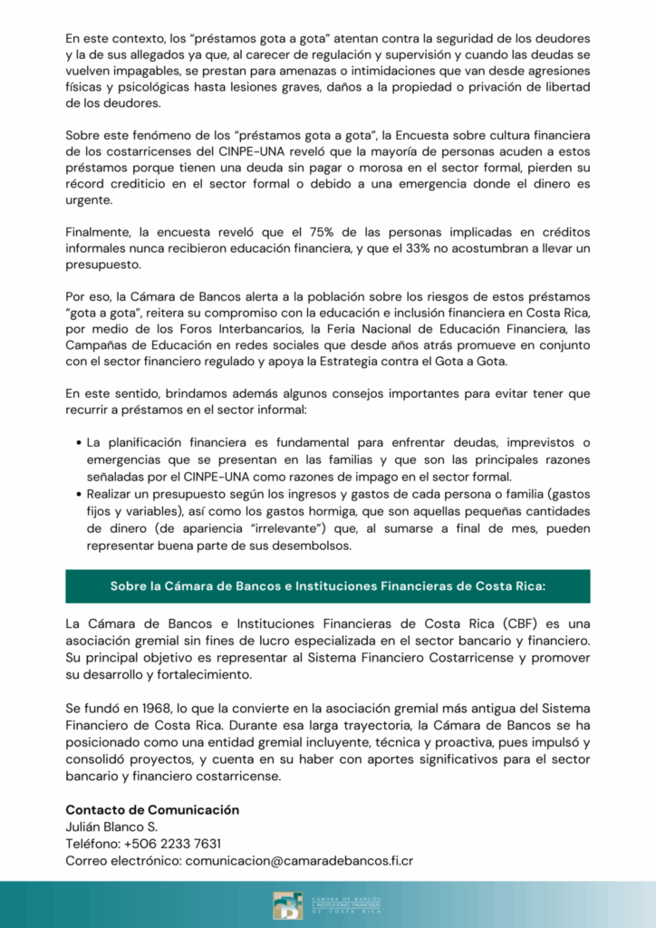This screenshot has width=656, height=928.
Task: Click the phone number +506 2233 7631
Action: tap(172, 843)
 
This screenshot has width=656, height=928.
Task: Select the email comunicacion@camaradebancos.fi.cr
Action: tap(299, 860)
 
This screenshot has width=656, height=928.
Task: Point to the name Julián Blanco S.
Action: tap(111, 826)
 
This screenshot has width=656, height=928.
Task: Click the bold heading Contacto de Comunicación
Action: tap(152, 809)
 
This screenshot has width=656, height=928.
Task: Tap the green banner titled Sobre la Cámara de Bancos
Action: tap(328, 585)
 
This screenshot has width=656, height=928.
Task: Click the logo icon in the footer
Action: tap(288, 904)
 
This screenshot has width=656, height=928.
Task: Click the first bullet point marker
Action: tap(76, 443)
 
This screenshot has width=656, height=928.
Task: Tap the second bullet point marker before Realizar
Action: tap(76, 493)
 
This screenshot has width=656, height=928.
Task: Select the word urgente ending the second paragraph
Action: tap(88, 199)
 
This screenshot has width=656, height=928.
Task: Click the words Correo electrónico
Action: tap(122, 860)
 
